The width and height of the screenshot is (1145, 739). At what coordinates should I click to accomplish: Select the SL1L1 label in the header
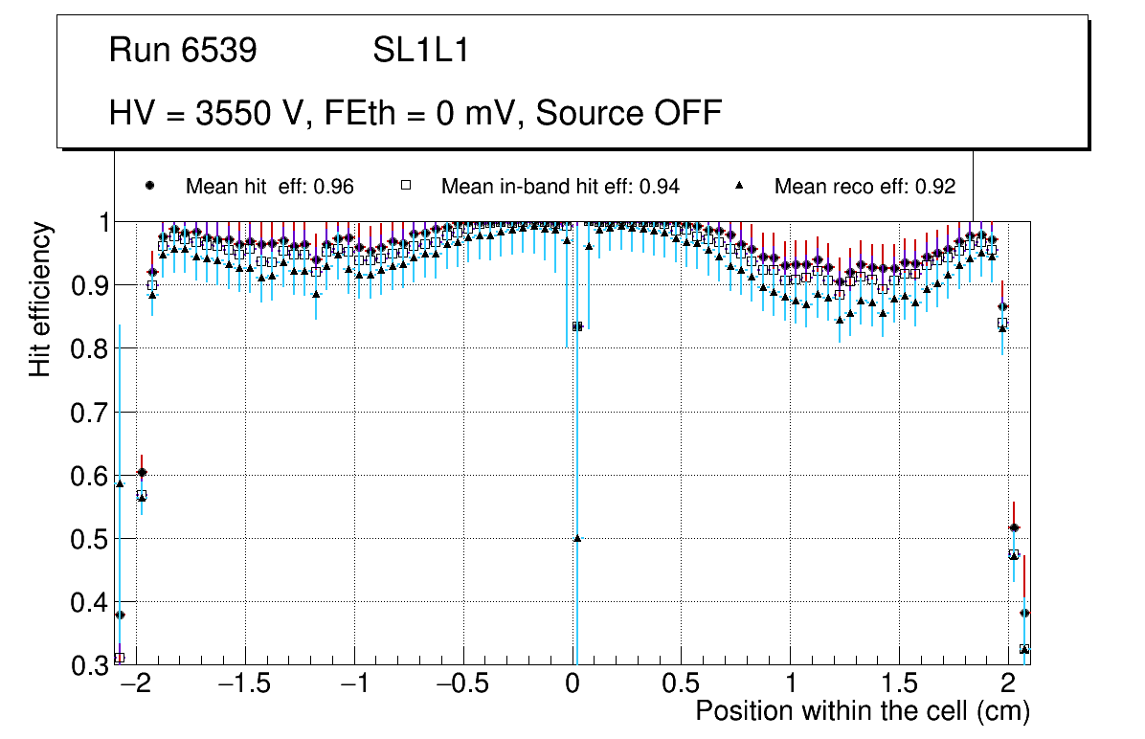[x=420, y=51]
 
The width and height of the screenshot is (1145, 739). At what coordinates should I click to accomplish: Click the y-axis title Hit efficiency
[x=40, y=299]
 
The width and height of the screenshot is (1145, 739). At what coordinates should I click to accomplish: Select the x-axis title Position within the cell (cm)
[x=862, y=711]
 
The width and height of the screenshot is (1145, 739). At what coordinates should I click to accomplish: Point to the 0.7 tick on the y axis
[x=91, y=413]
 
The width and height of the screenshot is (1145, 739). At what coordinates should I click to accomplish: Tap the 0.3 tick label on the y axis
[x=91, y=665]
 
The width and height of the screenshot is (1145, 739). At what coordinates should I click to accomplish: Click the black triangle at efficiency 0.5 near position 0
[x=577, y=538]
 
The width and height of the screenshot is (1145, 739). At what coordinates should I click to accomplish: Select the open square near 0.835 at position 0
[x=577, y=326]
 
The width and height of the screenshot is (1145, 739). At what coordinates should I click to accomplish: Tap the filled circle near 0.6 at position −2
[x=142, y=472]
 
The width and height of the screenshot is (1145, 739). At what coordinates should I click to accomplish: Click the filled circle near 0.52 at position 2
[x=1014, y=528]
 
